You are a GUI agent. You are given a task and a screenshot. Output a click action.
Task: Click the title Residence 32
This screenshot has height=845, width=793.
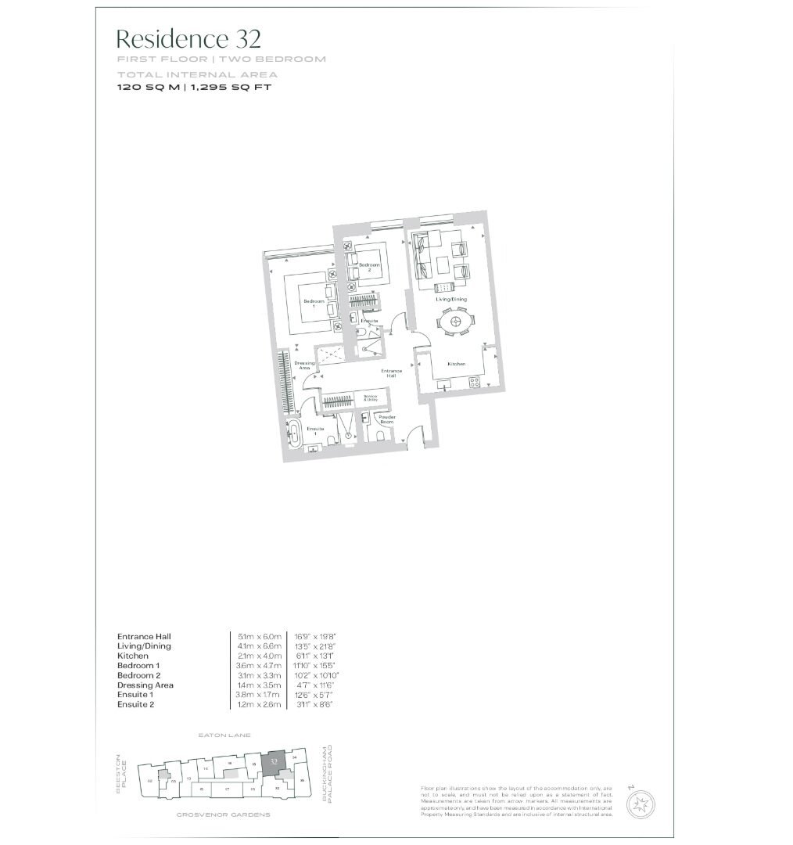(188, 38)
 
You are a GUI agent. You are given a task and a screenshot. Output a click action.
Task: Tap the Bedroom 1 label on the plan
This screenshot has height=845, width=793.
(313, 304)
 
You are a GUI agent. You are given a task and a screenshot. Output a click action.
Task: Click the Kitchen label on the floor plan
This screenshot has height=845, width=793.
(457, 365)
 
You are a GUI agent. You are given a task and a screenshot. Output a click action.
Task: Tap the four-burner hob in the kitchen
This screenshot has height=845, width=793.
(472, 382)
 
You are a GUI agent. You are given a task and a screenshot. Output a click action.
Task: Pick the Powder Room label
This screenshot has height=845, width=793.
(387, 419)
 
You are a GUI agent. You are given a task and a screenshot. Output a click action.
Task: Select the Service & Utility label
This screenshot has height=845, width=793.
(371, 398)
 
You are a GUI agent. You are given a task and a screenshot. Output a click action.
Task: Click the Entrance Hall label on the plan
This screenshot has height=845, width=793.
(391, 372)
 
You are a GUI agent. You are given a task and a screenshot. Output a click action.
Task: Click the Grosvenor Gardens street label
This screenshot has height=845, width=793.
(223, 814)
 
